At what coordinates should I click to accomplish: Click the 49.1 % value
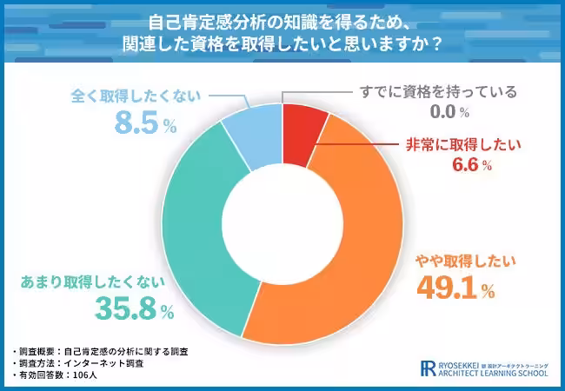tap(455, 287)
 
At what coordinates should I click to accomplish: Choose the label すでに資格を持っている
tap(438, 91)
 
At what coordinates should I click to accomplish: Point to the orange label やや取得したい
tap(466, 259)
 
